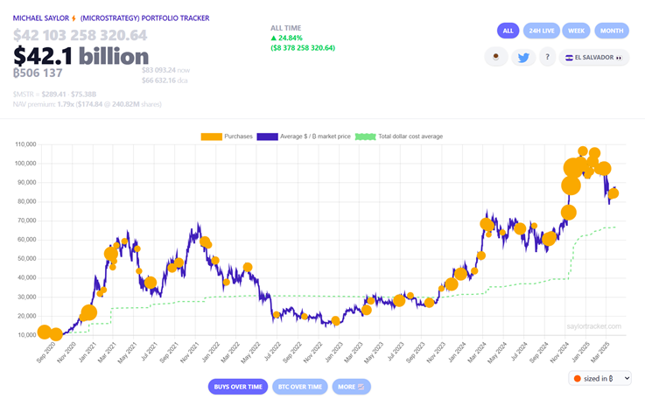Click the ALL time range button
click(x=508, y=31)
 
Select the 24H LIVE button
click(x=542, y=31)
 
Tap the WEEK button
click(x=576, y=31)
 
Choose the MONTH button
click(x=612, y=31)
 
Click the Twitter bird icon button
click(x=523, y=58)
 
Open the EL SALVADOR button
click(x=598, y=58)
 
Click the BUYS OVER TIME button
click(x=237, y=386)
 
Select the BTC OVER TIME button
click(x=299, y=386)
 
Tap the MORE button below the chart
click(x=351, y=386)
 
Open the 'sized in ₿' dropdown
click(x=599, y=378)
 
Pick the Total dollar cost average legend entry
click(x=400, y=136)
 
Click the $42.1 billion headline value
click(x=81, y=56)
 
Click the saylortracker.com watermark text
click(x=592, y=326)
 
